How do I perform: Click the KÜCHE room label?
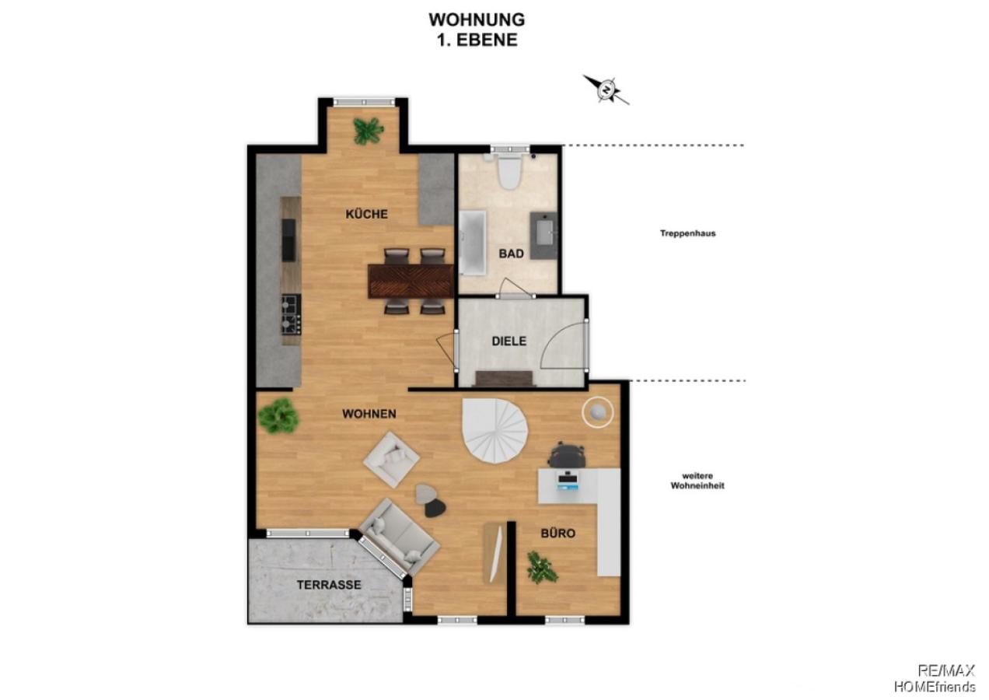[x=366, y=215]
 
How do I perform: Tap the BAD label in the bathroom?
[x=510, y=254]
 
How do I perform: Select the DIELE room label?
[x=508, y=341]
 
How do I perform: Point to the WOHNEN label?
[x=369, y=414]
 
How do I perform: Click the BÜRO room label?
[x=558, y=534]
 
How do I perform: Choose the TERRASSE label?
[x=328, y=584]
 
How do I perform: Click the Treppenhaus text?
[x=687, y=233]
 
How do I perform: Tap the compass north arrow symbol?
[x=606, y=89]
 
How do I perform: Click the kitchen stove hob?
[x=291, y=314]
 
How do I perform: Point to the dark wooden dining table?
[x=411, y=280]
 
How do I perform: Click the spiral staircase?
[x=494, y=431]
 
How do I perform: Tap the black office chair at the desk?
[x=568, y=454]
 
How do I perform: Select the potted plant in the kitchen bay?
[x=368, y=130]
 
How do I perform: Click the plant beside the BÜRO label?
[x=542, y=568]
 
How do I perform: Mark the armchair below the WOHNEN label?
[x=391, y=460]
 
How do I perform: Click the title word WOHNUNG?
[x=477, y=19]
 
